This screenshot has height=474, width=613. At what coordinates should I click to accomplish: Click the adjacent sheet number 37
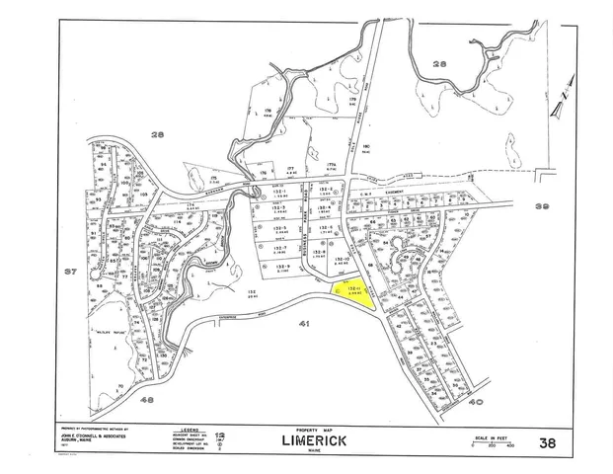tap(69, 271)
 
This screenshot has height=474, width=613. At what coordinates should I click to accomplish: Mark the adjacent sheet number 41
tap(306, 323)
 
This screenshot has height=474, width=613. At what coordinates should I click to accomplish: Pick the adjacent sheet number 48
tap(147, 400)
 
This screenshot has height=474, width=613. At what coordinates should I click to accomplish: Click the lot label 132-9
tap(280, 267)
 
